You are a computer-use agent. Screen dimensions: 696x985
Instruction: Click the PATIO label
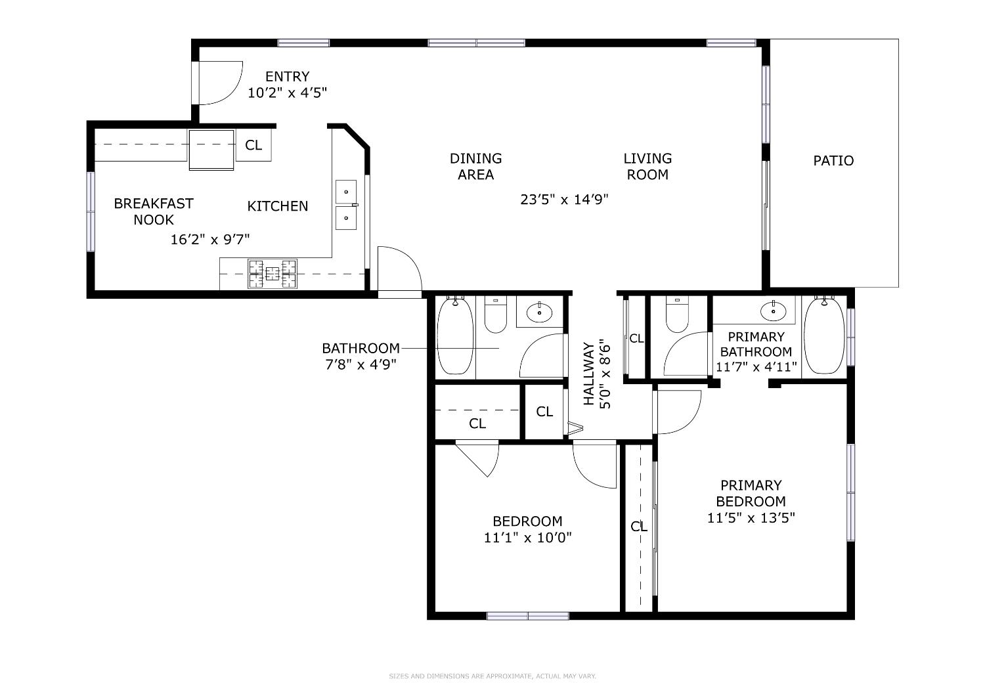pyautogui.click(x=833, y=161)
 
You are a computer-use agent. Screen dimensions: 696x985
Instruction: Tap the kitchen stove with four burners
pyautogui.click(x=272, y=274)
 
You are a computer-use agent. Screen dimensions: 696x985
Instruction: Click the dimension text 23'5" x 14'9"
pyautogui.click(x=565, y=200)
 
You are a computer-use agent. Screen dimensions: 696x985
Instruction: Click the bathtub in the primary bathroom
pyautogui.click(x=824, y=335)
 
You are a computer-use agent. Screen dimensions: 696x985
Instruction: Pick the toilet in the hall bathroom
pyautogui.click(x=495, y=315)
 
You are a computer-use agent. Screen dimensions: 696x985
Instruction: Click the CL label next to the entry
pyautogui.click(x=253, y=145)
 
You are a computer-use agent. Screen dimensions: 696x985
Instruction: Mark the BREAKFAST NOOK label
pyautogui.click(x=154, y=211)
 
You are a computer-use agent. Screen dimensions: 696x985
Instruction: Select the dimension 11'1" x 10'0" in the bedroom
pyautogui.click(x=528, y=538)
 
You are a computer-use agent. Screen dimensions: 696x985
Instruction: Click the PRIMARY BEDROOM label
pyautogui.click(x=751, y=493)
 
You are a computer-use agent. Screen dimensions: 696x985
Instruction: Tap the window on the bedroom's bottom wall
pyautogui.click(x=528, y=616)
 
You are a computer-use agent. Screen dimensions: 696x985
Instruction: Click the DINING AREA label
pyautogui.click(x=476, y=166)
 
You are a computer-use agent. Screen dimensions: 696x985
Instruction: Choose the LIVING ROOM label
pyautogui.click(x=647, y=166)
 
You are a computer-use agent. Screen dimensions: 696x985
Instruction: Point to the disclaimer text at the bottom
pyautogui.click(x=492, y=676)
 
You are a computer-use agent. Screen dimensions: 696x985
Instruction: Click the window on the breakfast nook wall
pyautogui.click(x=91, y=211)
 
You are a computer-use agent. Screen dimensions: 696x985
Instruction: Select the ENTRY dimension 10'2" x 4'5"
pyautogui.click(x=287, y=93)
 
